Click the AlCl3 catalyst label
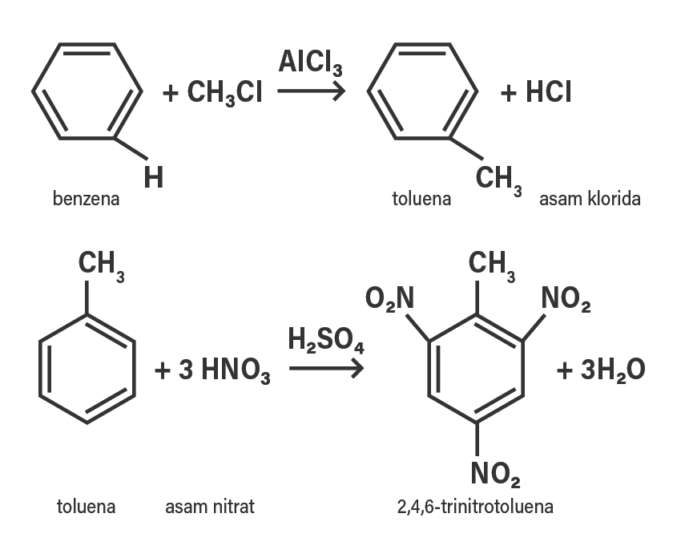coord(310,63)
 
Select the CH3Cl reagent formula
coord(224,93)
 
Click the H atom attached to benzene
coord(153,177)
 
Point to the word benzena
coord(86,199)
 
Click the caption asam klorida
coord(590,199)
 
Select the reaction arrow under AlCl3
coord(311,91)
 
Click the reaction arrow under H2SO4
coord(326,369)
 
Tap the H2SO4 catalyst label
coord(326,341)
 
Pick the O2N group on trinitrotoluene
coord(389,299)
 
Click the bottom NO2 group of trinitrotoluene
coord(496,475)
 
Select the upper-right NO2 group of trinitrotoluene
coord(566,300)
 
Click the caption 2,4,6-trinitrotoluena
coord(475,507)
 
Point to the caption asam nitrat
coord(210,507)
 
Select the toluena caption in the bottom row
coord(86,507)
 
